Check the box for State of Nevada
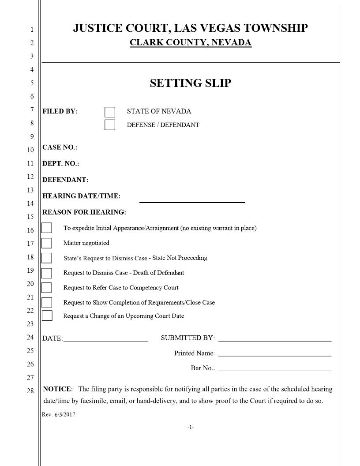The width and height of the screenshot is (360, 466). tap(110, 112)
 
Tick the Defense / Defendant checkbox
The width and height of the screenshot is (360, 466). tap(110, 125)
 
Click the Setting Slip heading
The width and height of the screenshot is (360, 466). tap(190, 83)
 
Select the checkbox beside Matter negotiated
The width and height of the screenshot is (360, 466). tap(46, 243)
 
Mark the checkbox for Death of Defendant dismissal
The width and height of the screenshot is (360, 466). tap(46, 273)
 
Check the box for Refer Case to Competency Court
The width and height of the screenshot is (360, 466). tap(46, 288)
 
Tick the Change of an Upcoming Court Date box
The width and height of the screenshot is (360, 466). tap(47, 316)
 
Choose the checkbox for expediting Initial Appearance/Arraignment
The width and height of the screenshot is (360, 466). tap(46, 228)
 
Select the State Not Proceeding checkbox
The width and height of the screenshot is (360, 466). tap(46, 258)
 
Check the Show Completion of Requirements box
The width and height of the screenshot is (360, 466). tap(47, 303)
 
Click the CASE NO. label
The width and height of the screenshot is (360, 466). tap(60, 147)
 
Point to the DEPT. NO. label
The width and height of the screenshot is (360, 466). tap(60, 164)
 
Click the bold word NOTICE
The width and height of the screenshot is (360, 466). tap(57, 389)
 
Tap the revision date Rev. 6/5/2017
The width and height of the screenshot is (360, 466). tap(58, 415)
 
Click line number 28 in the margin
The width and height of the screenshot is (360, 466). tap(30, 391)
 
